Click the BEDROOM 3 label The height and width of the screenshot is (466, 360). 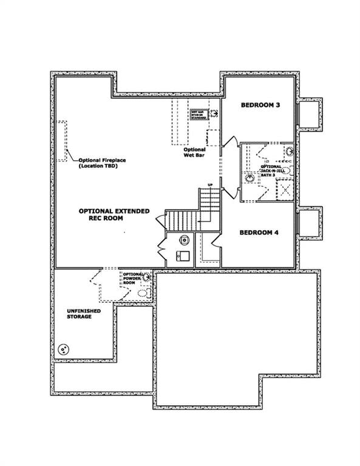[x=260, y=105]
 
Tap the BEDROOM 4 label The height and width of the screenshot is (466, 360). [x=259, y=232]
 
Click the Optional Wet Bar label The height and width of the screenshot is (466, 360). [x=194, y=152]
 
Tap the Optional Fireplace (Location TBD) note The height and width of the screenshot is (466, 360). [x=101, y=163]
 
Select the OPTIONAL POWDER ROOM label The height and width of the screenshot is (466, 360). [x=132, y=279]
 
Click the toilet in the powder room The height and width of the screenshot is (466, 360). [x=143, y=292]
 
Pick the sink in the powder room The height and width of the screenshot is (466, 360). [x=146, y=277]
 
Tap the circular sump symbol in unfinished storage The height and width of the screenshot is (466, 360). [x=63, y=349]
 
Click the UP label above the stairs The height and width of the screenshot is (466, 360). [x=210, y=184]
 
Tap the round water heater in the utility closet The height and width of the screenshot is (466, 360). [x=183, y=240]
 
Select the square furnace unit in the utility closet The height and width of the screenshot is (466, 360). [x=182, y=256]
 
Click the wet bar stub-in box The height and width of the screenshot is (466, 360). [x=199, y=114]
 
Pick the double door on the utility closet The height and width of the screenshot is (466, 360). [x=161, y=249]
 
